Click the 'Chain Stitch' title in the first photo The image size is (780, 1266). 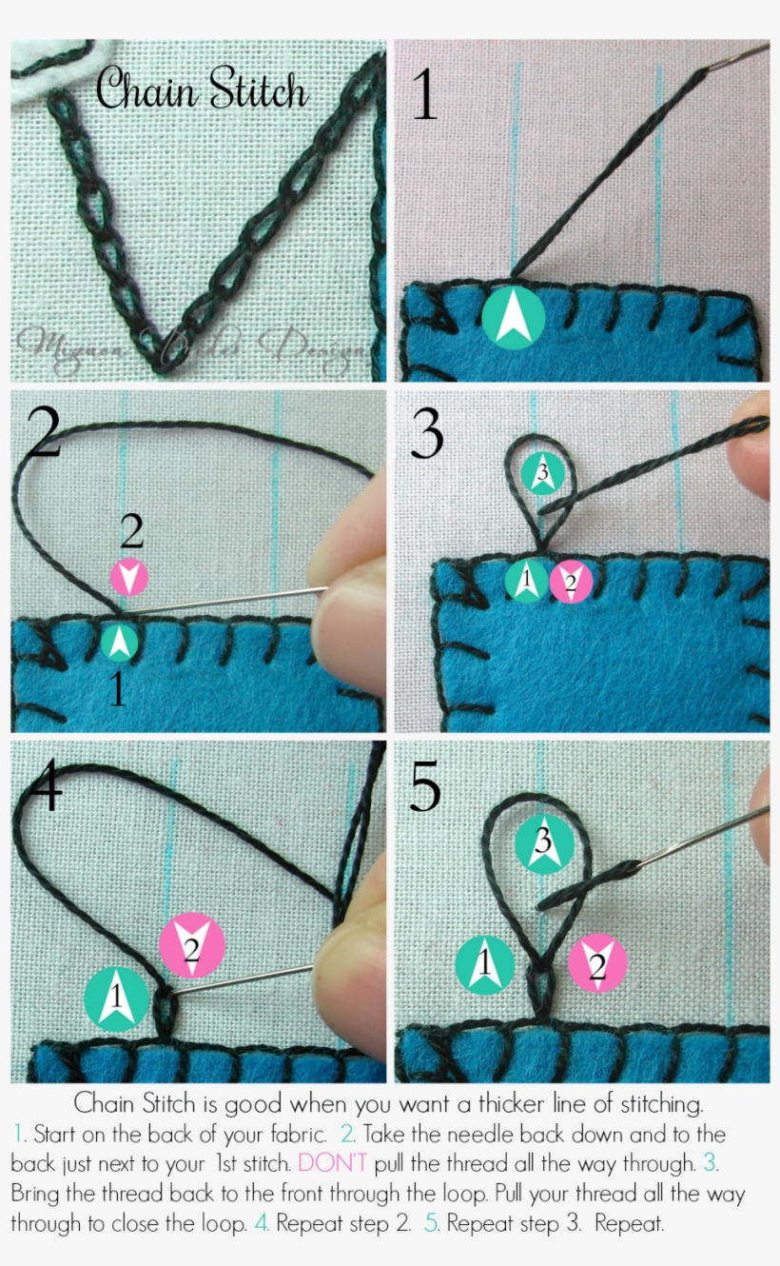pos(203,91)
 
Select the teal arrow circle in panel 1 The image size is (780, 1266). pos(514,317)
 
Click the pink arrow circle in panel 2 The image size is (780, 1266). pos(129,577)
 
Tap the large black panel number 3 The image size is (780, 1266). pos(427,435)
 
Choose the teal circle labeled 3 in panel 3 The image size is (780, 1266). pos(543,472)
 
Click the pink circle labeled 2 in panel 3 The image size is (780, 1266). pos(571,582)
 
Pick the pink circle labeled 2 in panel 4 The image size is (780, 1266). pos(192,946)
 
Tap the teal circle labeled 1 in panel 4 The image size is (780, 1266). pos(117,999)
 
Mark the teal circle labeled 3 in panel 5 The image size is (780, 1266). pos(545,843)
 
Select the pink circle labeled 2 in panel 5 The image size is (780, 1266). pos(597,963)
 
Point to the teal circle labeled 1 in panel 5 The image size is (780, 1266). pos(485,963)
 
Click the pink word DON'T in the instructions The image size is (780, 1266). pos(332,1163)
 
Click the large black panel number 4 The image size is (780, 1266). pos(46,784)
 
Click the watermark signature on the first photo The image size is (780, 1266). pos(190,348)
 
